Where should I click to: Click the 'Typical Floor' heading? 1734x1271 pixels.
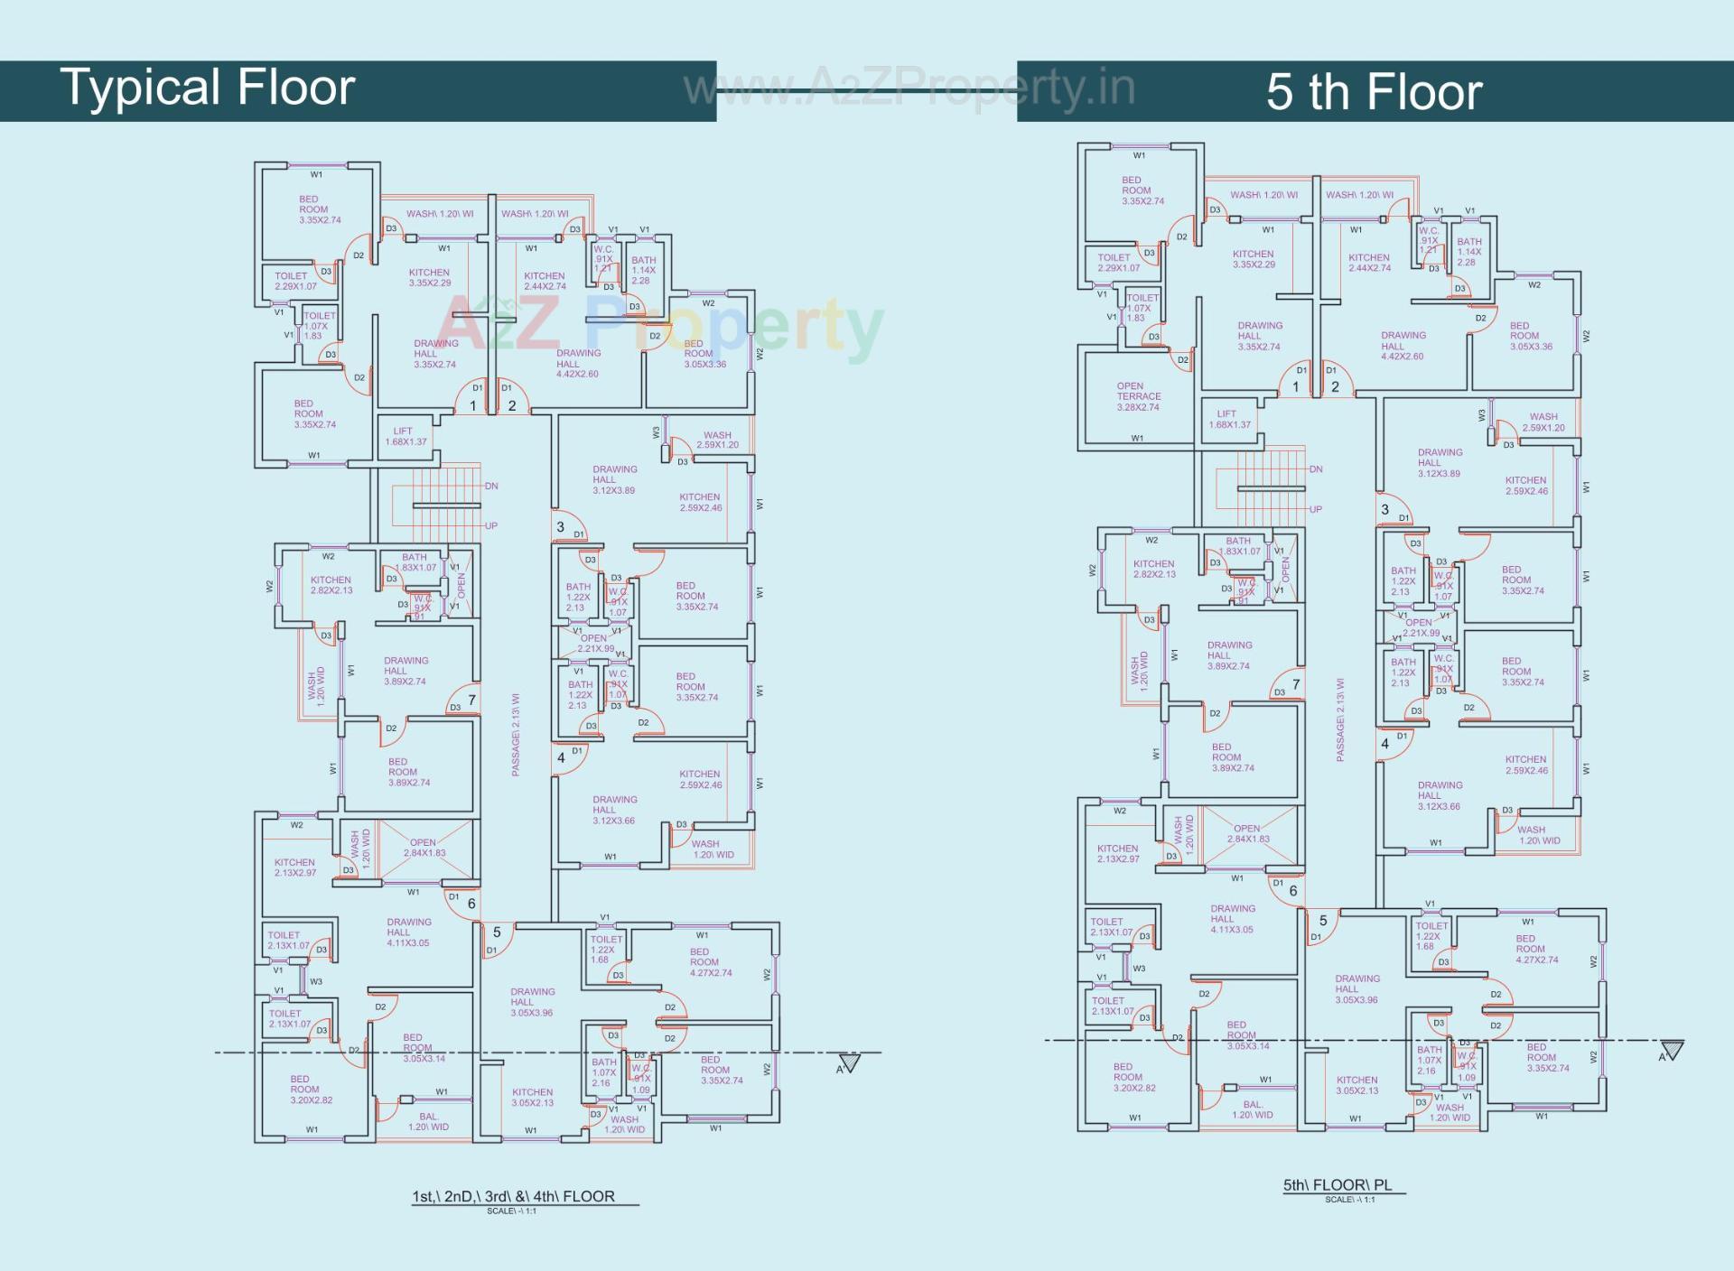[x=208, y=88]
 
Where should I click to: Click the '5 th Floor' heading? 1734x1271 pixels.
[x=1374, y=92]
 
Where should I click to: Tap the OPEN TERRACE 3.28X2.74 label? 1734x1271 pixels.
[x=1138, y=396]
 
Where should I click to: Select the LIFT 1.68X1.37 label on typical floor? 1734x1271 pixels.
[x=406, y=436]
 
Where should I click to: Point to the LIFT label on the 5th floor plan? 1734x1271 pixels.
[x=1229, y=419]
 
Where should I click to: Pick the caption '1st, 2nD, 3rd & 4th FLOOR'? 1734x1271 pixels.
[x=513, y=1196]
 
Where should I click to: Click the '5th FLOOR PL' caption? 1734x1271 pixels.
[x=1338, y=1184]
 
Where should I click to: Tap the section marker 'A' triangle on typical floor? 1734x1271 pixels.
[x=849, y=1063]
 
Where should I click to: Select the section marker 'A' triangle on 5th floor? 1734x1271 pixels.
[x=1672, y=1051]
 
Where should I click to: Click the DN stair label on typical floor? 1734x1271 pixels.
[x=491, y=486]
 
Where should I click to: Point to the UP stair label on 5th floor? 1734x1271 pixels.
[x=1315, y=509]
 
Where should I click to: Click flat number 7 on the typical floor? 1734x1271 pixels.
[x=471, y=700]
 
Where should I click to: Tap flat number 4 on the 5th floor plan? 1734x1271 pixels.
[x=1384, y=744]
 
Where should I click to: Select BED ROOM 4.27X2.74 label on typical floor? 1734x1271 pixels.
[x=710, y=962]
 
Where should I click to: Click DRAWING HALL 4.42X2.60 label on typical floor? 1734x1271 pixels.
[x=577, y=363]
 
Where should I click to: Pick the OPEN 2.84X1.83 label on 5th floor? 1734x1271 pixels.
[x=1247, y=833]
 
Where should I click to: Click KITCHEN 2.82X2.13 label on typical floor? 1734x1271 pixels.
[x=331, y=585]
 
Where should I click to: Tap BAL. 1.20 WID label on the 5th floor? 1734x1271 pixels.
[x=1252, y=1109]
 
